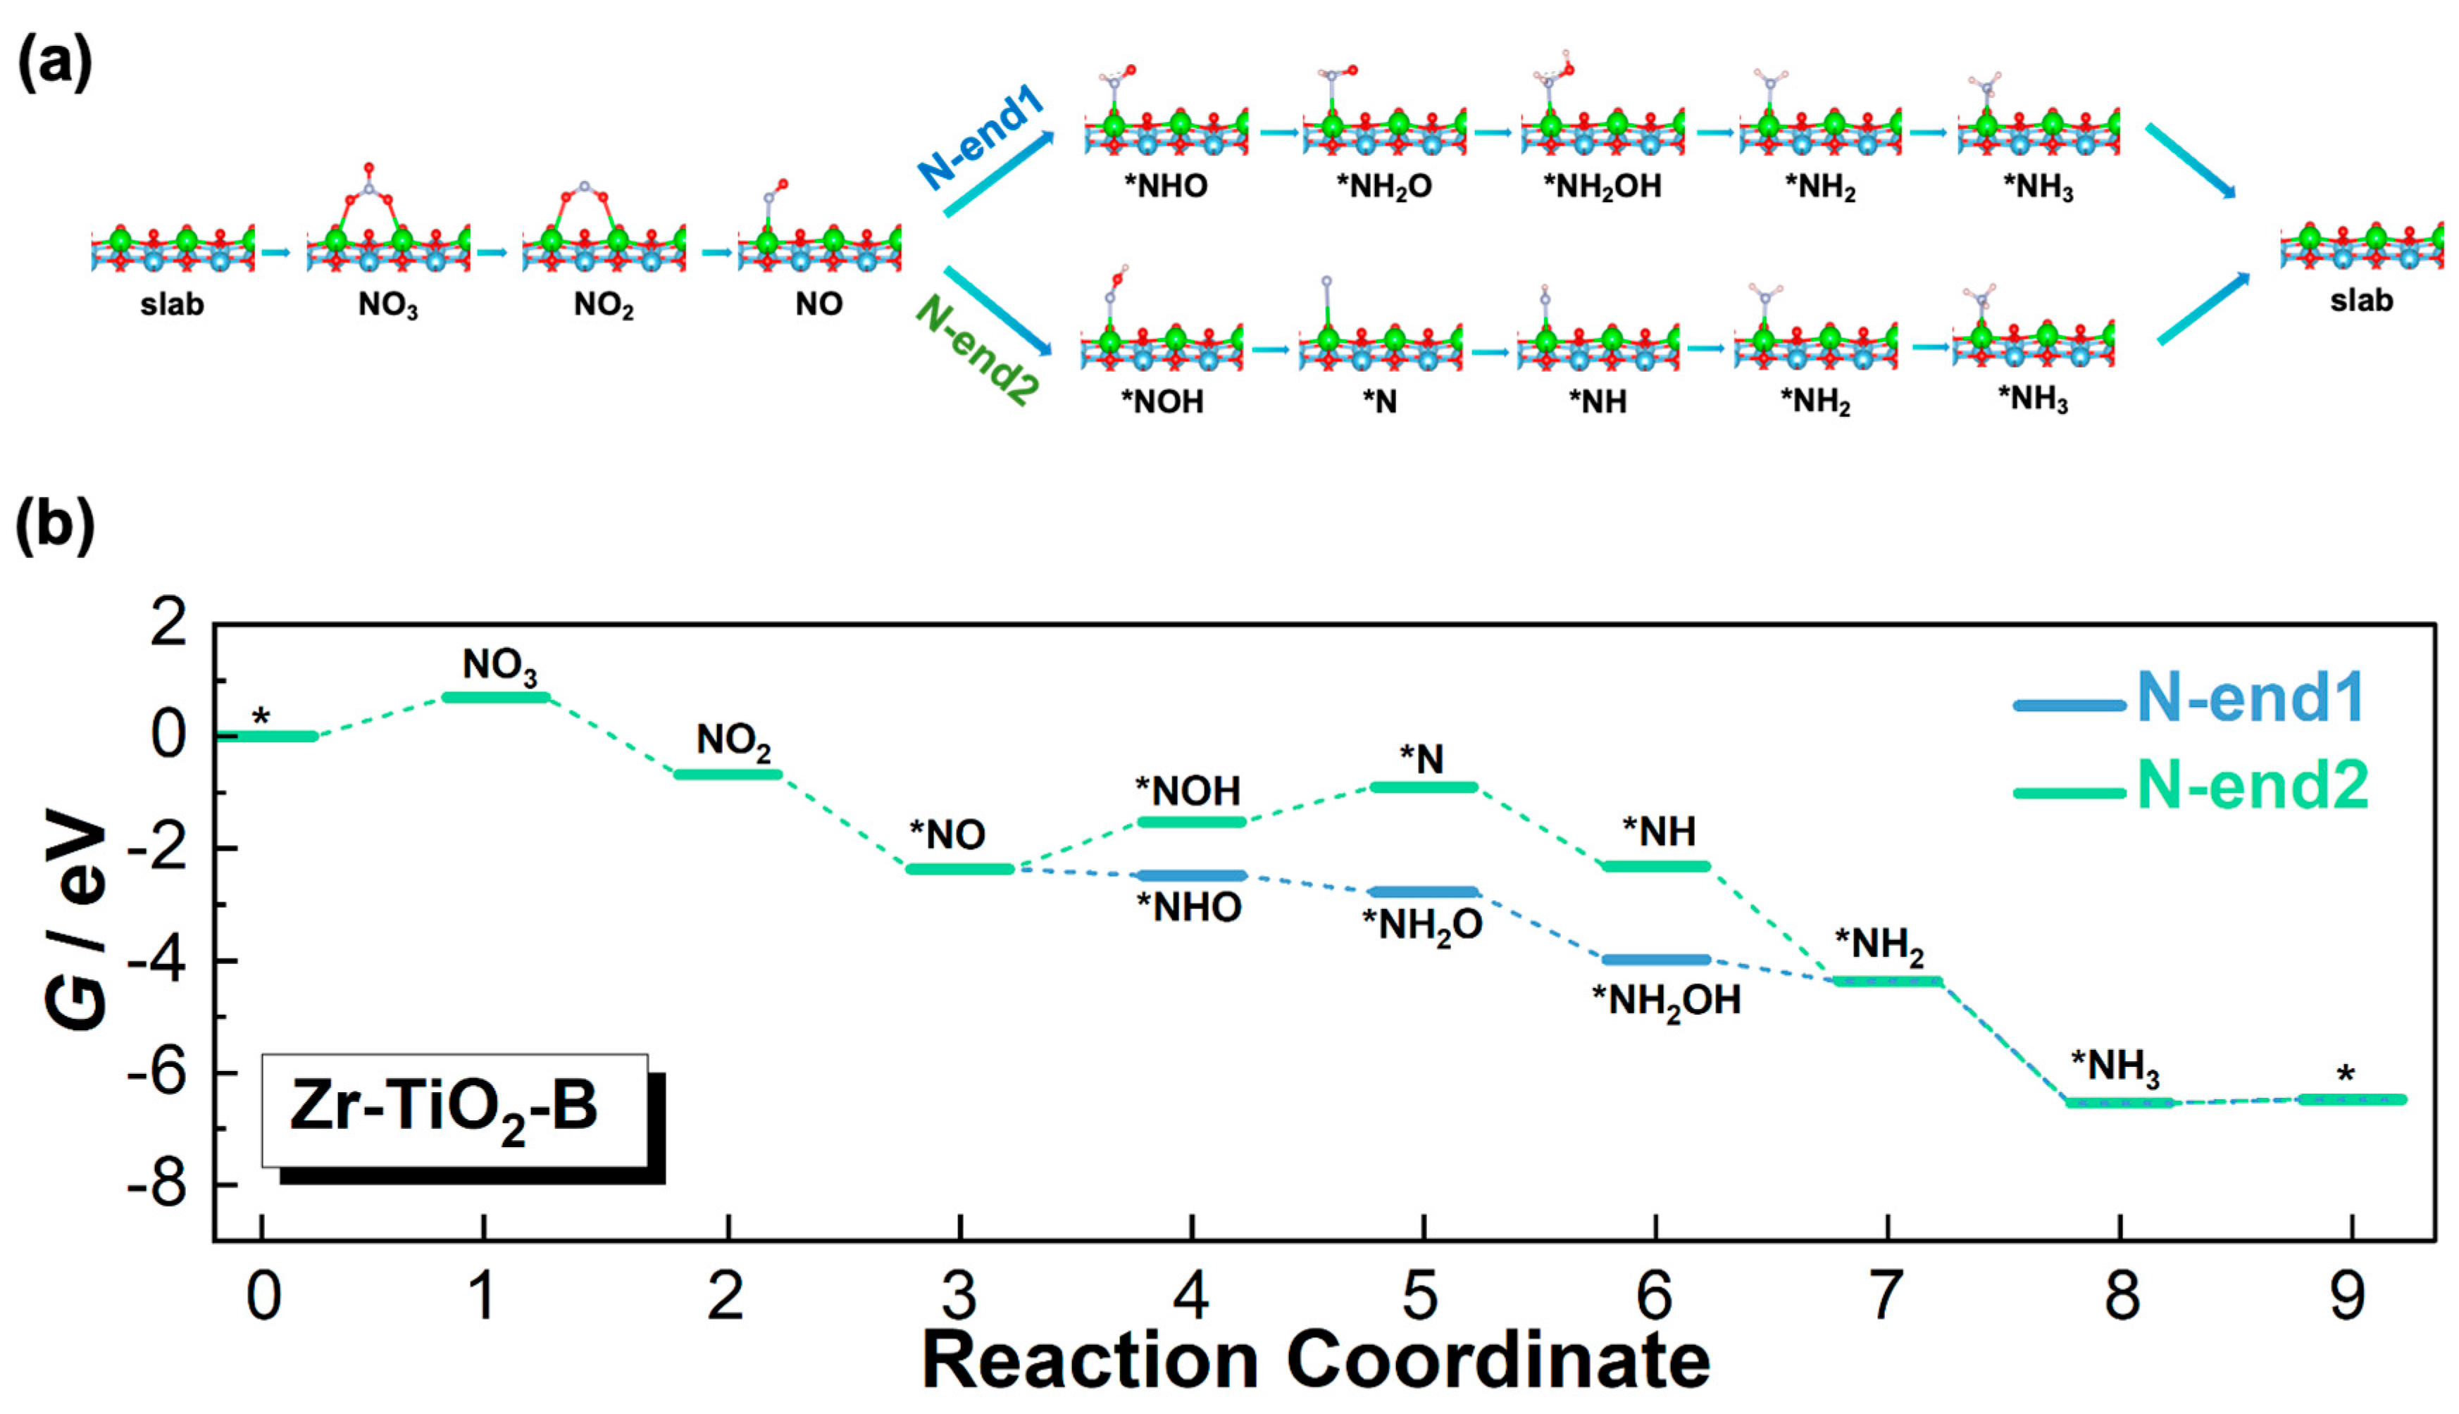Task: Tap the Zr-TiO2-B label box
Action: tap(454, 1110)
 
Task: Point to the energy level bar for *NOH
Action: tap(1190, 822)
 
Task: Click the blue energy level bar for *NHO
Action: tap(1190, 876)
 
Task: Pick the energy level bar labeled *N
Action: tap(1424, 787)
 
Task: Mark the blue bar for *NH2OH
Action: tap(1656, 961)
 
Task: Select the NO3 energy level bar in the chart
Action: tap(495, 697)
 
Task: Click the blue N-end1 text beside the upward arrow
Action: tap(981, 136)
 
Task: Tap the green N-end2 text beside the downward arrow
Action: tap(977, 349)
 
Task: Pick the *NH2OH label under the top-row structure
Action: tap(1603, 185)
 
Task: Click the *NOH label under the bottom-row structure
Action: tap(1162, 401)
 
